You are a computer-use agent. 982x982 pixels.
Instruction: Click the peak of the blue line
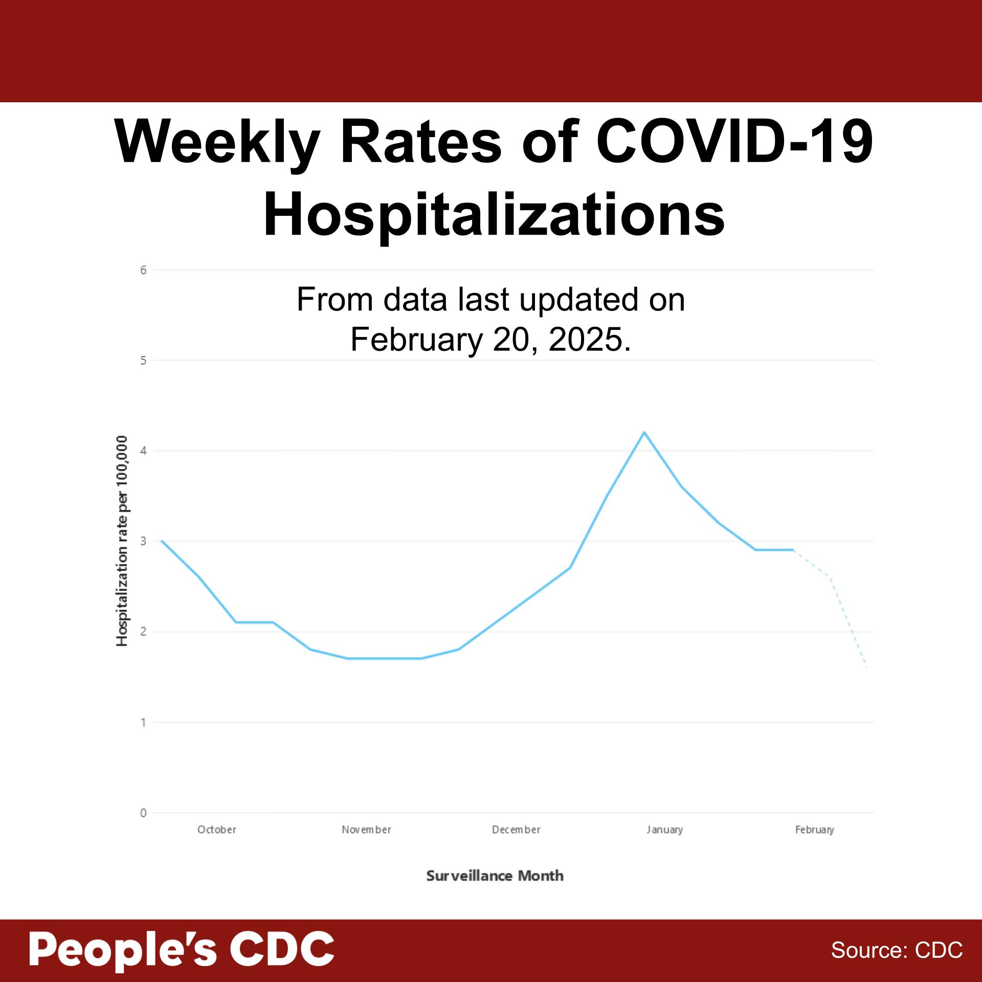644,432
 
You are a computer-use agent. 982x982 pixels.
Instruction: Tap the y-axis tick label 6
144,270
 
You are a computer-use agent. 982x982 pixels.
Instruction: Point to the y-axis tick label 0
144,813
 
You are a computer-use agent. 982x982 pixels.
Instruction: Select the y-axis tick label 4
144,451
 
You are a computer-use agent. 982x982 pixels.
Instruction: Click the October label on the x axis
217,830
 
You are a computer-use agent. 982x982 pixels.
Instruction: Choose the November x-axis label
366,830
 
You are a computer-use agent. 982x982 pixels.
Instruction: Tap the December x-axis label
516,830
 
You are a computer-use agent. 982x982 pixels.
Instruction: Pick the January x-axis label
664,830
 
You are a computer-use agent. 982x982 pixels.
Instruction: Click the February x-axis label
814,830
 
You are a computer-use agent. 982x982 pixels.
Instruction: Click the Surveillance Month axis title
495,876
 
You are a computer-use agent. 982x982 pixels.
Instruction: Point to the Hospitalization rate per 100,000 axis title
122,541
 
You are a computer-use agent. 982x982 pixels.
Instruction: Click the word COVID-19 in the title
734,142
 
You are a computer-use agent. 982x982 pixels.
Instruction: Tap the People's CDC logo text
182,949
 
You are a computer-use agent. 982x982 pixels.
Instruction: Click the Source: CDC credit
897,950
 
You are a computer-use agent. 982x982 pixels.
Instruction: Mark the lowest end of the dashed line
867,667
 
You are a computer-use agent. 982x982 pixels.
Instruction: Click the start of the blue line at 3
162,541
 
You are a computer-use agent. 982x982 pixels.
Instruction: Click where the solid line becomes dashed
793,550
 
